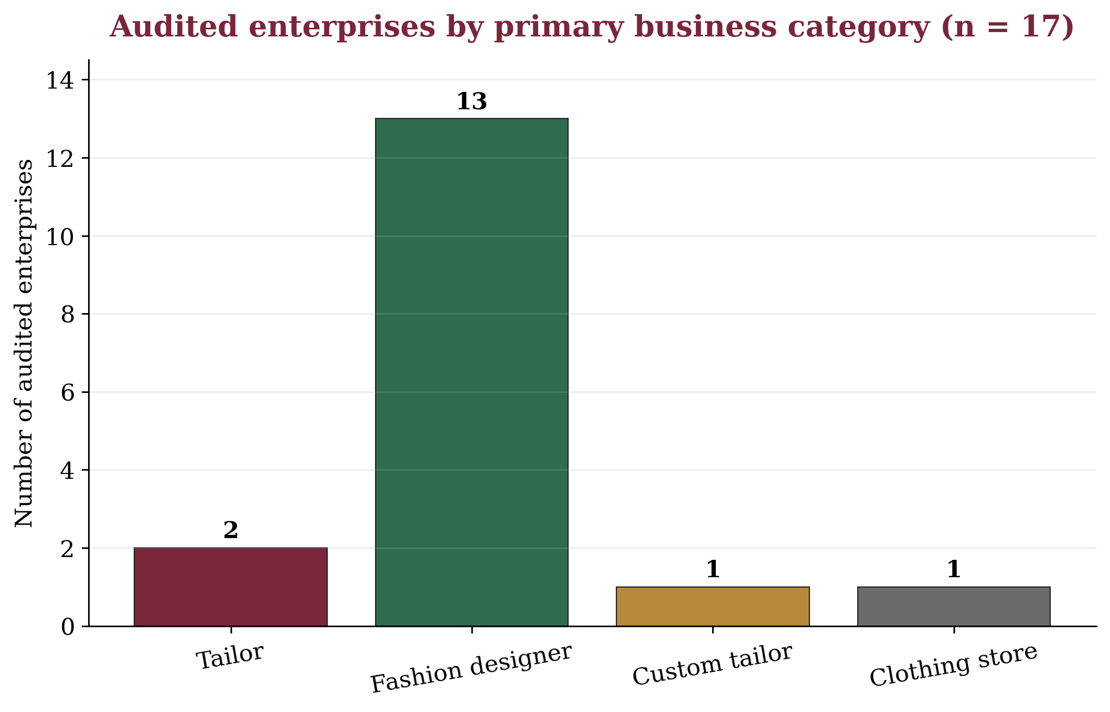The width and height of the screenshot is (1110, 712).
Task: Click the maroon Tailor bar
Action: point(230,587)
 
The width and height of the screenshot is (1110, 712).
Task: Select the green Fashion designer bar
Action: point(472,372)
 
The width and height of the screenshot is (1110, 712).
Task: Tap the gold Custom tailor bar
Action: point(713,607)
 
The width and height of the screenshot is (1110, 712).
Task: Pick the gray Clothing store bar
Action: point(954,607)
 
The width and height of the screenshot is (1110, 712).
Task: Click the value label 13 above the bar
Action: point(471,102)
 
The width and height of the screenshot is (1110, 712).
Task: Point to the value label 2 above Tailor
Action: point(230,530)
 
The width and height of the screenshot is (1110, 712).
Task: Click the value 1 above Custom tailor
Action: point(713,570)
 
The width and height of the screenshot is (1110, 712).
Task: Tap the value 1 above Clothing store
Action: point(954,570)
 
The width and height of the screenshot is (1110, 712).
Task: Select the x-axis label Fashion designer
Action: point(471,669)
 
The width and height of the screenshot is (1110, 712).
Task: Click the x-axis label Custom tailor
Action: point(713,665)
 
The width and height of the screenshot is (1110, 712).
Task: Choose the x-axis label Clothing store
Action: point(954,665)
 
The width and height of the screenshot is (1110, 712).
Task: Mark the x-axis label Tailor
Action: point(230,657)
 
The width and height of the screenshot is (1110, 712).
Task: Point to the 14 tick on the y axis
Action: point(60,80)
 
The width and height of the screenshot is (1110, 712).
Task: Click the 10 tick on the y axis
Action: point(60,236)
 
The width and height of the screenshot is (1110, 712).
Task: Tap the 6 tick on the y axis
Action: point(67,392)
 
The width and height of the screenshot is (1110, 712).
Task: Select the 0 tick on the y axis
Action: point(67,627)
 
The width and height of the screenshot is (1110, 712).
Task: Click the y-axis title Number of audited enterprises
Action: point(24,343)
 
